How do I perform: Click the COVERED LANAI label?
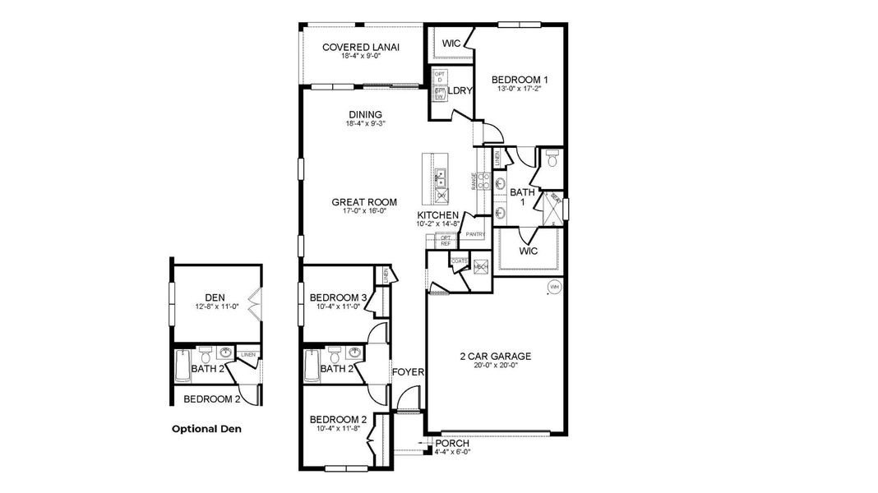tap(360, 47)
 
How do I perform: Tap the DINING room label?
tap(365, 114)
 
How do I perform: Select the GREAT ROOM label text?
tap(364, 201)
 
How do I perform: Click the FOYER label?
tap(408, 372)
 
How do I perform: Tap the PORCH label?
tap(452, 444)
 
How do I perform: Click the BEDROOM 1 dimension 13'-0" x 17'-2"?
tap(519, 90)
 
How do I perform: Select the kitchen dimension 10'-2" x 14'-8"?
tap(437, 223)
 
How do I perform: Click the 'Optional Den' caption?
tap(207, 428)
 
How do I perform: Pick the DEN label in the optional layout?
tap(215, 297)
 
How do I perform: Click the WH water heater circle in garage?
tap(554, 287)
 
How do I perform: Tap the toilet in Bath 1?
tap(551, 160)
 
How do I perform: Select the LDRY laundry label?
tap(460, 90)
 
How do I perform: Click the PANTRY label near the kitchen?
tap(475, 234)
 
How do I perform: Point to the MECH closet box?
tap(481, 266)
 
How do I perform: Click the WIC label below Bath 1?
tap(529, 251)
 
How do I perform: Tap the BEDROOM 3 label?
tap(338, 297)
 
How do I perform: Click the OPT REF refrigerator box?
tap(446, 240)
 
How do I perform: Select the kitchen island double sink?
tap(441, 175)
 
